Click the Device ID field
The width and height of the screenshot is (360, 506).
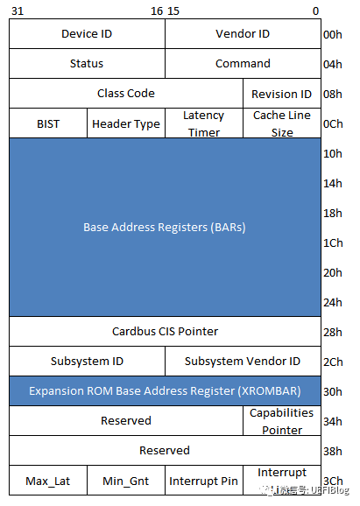[87, 34]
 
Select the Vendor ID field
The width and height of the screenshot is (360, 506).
[243, 34]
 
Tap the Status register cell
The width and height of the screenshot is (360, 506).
[87, 64]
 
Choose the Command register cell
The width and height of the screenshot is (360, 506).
[243, 64]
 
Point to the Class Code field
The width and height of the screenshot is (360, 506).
[126, 94]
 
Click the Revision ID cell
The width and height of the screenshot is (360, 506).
[282, 94]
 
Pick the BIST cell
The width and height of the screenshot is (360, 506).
[48, 123]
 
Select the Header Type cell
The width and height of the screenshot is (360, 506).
[126, 123]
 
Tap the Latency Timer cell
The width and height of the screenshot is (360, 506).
[204, 123]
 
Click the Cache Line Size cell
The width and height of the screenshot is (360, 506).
[282, 123]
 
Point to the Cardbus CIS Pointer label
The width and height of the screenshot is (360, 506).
[165, 332]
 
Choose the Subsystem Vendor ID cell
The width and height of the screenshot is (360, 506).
[243, 361]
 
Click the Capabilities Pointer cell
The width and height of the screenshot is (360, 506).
[282, 421]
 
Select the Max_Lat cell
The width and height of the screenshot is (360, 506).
[48, 481]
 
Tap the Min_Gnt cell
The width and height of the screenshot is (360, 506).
[126, 481]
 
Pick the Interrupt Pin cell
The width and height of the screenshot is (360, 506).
[204, 481]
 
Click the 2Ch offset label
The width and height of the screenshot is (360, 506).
[333, 362]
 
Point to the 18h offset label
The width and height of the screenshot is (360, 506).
[333, 213]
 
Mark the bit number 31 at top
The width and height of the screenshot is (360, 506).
[18, 11]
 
